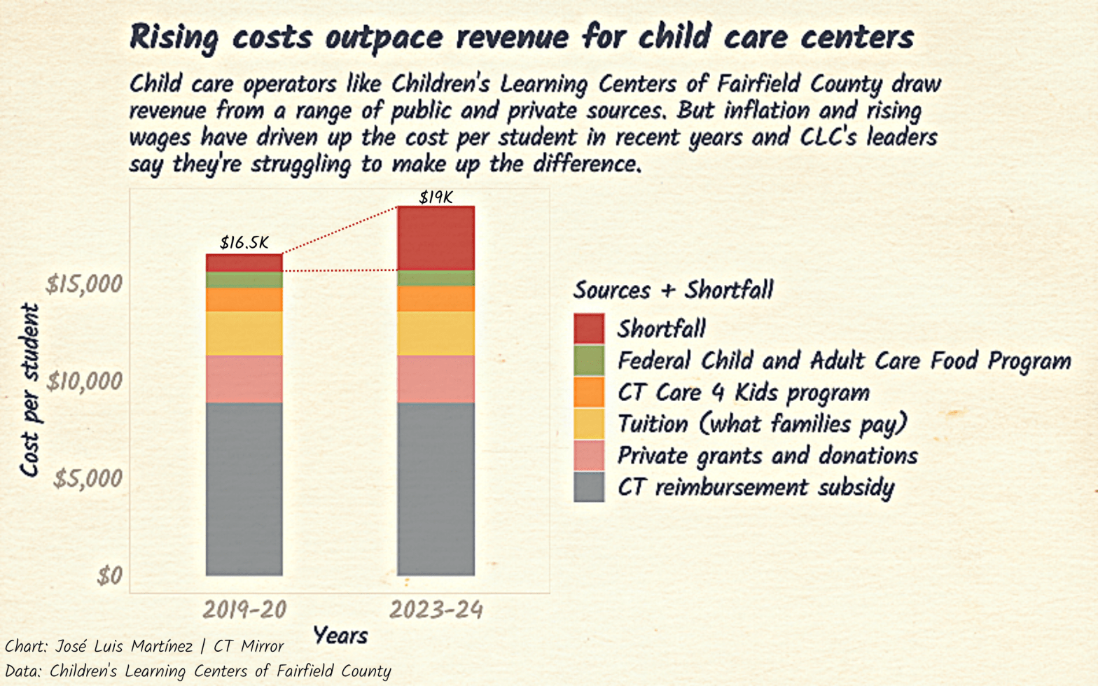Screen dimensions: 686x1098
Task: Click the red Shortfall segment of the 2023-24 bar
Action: point(436,238)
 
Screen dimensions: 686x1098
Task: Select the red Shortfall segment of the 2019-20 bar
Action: point(244,262)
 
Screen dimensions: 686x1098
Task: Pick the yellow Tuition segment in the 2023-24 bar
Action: point(436,333)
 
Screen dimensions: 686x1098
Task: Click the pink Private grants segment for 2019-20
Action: point(244,379)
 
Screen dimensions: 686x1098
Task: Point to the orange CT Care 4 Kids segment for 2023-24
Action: point(436,298)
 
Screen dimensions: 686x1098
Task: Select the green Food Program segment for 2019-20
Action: point(244,279)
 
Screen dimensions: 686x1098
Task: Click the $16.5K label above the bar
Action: point(244,243)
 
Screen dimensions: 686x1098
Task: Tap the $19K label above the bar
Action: point(436,197)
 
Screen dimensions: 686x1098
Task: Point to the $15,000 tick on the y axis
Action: point(84,284)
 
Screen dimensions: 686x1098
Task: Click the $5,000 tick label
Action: point(88,479)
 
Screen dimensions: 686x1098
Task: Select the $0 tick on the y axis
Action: point(110,576)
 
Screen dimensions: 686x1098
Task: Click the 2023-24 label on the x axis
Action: point(436,610)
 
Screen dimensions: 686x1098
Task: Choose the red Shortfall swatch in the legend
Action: point(589,328)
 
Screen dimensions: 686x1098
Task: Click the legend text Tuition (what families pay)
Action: point(762,424)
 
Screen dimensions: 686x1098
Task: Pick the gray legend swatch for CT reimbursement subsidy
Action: point(589,487)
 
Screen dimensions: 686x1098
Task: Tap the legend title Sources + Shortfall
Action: point(673,290)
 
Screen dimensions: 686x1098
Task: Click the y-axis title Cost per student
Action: point(29,390)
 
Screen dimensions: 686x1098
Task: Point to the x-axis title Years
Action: point(340,636)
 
